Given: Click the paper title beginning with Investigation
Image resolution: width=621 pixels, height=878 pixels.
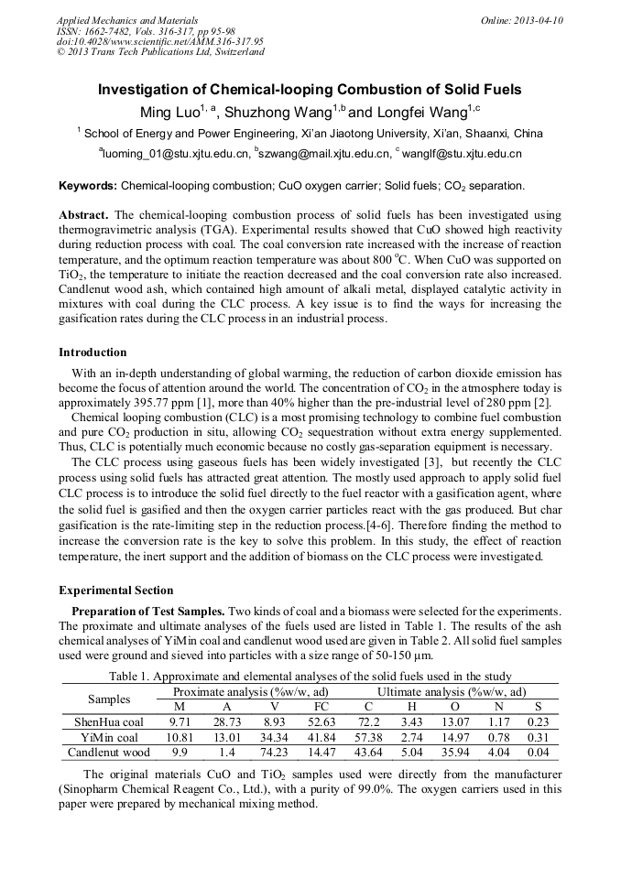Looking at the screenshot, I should point(310,90).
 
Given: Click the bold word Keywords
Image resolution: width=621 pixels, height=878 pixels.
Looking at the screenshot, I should point(87,186).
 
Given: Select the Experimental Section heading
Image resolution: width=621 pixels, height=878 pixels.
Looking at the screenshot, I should point(115,591).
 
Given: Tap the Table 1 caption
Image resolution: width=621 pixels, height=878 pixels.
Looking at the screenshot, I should point(310,677).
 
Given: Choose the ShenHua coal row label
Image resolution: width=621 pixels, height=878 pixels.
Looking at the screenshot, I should point(108,722).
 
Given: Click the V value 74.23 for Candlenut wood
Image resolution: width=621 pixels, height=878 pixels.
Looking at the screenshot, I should point(274,753).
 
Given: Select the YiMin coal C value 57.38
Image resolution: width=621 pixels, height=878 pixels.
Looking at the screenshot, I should point(368,738).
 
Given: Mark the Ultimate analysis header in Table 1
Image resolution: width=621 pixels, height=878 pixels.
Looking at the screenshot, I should point(452,691).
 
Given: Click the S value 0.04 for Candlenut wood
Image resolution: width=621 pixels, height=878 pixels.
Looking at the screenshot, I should point(538,753).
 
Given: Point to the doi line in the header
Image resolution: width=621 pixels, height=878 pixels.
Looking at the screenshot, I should point(159,41).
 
